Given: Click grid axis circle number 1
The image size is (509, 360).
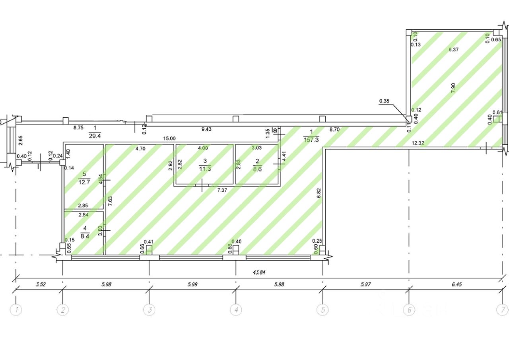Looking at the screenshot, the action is [x=16, y=310].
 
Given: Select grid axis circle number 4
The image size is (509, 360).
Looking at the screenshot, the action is [x=236, y=310].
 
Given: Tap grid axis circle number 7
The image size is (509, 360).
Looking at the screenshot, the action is [x=503, y=310].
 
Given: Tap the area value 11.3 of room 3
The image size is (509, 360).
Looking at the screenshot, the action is [x=205, y=168].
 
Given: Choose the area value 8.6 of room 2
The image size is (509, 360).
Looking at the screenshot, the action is [x=258, y=168].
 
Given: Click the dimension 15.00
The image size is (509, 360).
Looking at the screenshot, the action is [x=169, y=138].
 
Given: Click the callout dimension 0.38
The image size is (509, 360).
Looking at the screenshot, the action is [x=384, y=101].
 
